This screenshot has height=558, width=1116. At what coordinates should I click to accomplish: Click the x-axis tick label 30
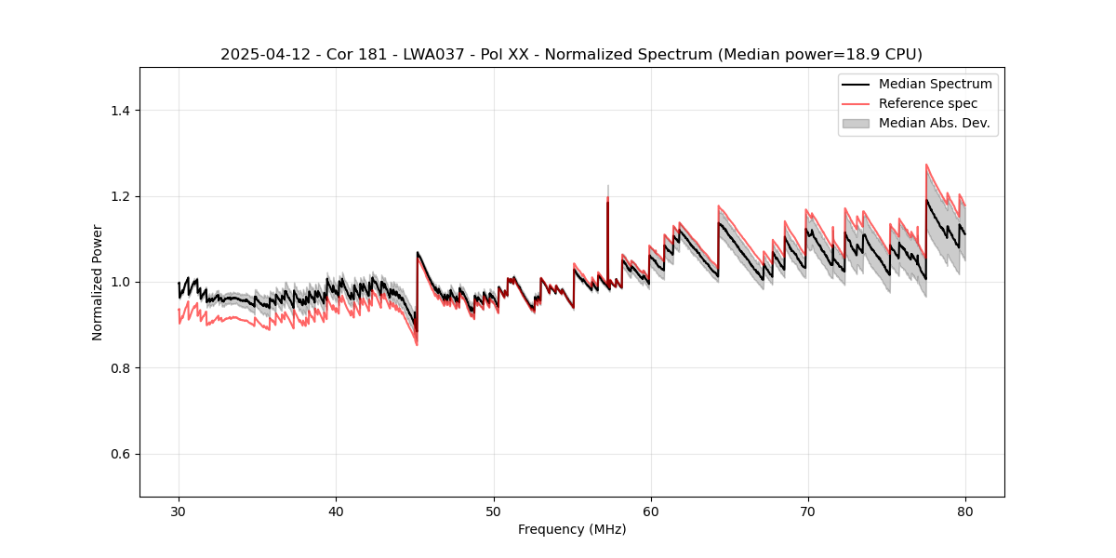[x=179, y=511]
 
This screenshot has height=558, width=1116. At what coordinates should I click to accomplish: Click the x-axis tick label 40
[x=336, y=511]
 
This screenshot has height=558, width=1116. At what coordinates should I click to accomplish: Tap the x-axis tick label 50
[x=494, y=511]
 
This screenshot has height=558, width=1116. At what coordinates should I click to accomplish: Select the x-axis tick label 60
[x=651, y=511]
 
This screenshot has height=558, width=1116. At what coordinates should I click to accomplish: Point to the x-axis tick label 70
[x=808, y=511]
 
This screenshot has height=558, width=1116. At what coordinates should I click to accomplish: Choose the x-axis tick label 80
[x=965, y=511]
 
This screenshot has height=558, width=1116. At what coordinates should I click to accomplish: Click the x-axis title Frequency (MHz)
[x=572, y=529]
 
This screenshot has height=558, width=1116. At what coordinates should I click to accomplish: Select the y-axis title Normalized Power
[x=97, y=282]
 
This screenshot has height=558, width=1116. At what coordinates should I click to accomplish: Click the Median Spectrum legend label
[x=935, y=84]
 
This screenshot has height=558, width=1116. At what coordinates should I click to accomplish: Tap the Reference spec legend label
[x=928, y=103]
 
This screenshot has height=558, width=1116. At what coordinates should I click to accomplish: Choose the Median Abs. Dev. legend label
[x=935, y=123]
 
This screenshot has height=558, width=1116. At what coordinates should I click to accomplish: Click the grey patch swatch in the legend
[x=856, y=123]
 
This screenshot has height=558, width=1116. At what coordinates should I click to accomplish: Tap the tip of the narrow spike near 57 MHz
[x=607, y=186]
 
